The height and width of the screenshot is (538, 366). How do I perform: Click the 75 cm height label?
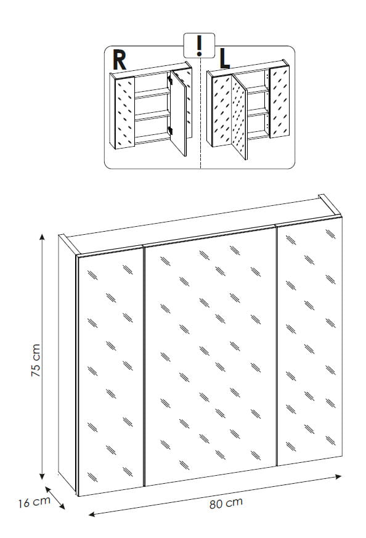[36, 361]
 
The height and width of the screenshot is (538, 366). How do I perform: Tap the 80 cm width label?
[226, 503]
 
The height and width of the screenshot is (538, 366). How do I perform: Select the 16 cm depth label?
[34, 502]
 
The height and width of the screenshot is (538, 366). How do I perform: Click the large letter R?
[120, 60]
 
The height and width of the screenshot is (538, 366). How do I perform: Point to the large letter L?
[224, 59]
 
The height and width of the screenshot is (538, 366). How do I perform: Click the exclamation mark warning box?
[199, 45]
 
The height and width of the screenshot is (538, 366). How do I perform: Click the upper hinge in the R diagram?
[170, 81]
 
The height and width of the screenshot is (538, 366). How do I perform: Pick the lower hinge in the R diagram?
[170, 131]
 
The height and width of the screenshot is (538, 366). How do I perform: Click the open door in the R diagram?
[179, 113]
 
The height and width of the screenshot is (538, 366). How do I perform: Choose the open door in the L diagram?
[239, 116]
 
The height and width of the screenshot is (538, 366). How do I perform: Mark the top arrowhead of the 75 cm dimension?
[42, 237]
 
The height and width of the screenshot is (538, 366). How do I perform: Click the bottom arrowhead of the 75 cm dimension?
[42, 476]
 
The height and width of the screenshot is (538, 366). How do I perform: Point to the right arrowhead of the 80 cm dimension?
[338, 476]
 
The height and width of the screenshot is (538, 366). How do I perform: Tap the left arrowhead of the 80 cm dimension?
[92, 514]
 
